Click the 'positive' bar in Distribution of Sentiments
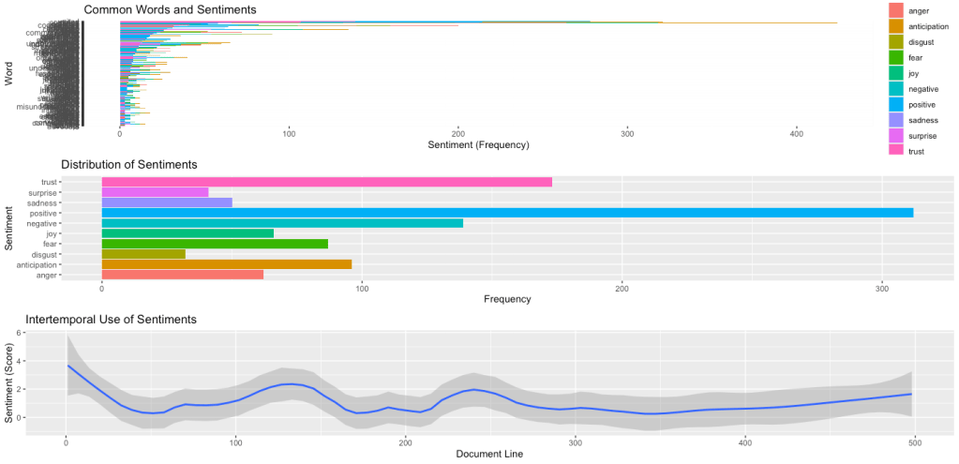pos(506,213)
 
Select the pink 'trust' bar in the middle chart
pos(326,182)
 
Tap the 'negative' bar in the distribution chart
pos(281,223)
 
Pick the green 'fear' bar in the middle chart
pos(214,244)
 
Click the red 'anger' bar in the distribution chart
pos(182,275)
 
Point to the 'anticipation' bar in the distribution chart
pos(226,264)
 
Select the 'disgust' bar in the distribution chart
pos(143,254)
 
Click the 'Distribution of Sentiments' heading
pos(129,164)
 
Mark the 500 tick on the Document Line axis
pos(915,442)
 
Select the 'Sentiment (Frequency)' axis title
pos(478,145)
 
